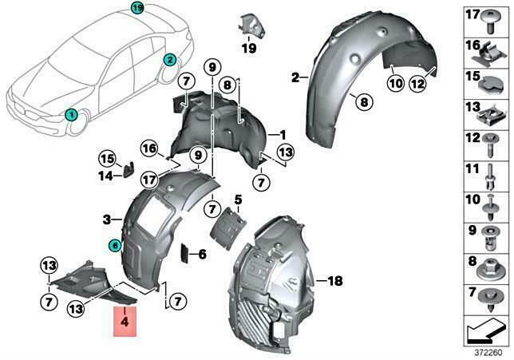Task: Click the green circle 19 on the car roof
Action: tap(137, 8)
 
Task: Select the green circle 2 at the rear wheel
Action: tap(170, 60)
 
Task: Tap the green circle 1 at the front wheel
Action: tap(71, 115)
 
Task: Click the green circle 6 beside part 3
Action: tap(114, 245)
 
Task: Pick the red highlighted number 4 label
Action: tap(125, 322)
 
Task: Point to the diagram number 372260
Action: tap(488, 353)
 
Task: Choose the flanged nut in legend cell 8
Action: tap(490, 270)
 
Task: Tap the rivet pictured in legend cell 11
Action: tap(491, 176)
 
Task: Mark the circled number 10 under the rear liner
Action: tap(396, 83)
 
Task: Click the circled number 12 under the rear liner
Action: tap(417, 85)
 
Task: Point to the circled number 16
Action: tap(149, 148)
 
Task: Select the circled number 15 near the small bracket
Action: tap(108, 159)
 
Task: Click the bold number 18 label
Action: tap(335, 281)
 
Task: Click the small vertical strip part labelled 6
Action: tap(184, 254)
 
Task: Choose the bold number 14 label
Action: tap(105, 176)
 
